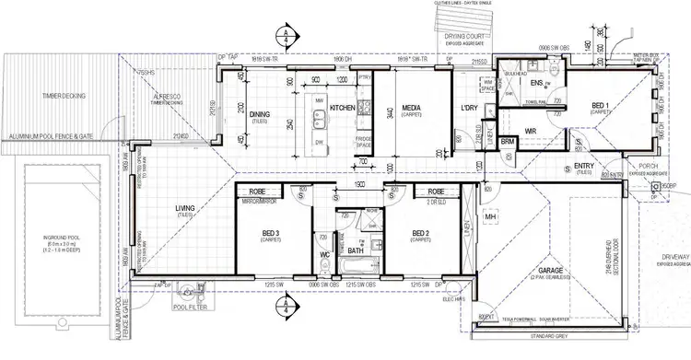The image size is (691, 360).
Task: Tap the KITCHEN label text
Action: [x=343, y=109]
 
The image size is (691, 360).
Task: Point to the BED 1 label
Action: [x=600, y=107]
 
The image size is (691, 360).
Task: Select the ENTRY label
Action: [x=584, y=166]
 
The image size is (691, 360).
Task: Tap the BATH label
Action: [x=355, y=250]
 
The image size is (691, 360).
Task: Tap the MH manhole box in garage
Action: [x=491, y=217]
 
